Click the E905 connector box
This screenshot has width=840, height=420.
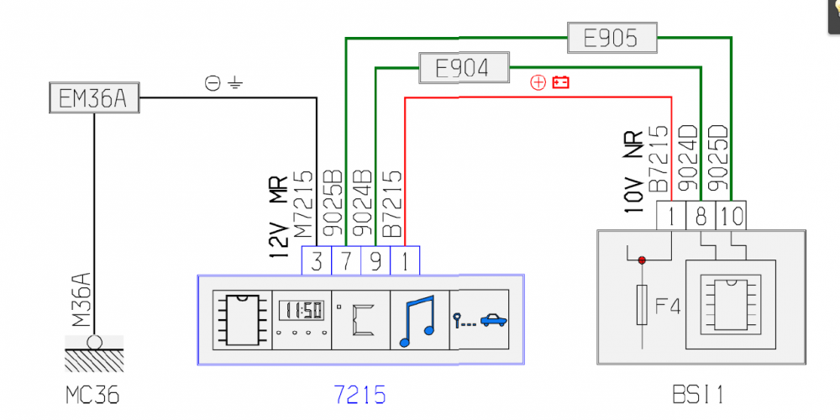(x=611, y=38)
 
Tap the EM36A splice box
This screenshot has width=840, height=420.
(x=92, y=100)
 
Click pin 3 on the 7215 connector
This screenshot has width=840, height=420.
(x=317, y=260)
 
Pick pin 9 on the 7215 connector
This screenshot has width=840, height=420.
(x=375, y=260)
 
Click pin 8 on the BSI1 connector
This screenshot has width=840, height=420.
(x=700, y=216)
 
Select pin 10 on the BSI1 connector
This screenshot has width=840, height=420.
(x=731, y=216)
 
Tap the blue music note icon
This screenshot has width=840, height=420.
(x=418, y=318)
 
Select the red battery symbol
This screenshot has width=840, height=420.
(x=560, y=82)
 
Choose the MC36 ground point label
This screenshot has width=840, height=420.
(x=93, y=393)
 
